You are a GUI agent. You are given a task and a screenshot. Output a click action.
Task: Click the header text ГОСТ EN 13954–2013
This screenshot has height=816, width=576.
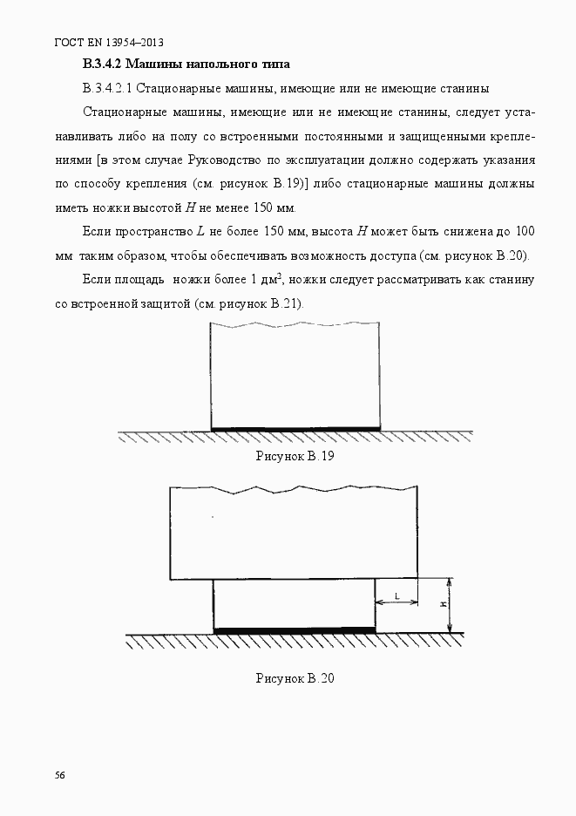(x=109, y=42)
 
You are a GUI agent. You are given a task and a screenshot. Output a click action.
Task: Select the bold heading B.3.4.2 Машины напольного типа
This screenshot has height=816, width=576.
(x=186, y=65)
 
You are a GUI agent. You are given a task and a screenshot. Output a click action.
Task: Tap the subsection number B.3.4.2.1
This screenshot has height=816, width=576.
(x=108, y=88)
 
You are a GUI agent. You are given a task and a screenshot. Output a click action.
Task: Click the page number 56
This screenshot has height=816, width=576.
(x=60, y=775)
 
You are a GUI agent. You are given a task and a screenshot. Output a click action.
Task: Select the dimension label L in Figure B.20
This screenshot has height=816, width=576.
(x=396, y=595)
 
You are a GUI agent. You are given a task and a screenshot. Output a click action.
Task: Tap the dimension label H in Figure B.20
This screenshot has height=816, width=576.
(x=443, y=604)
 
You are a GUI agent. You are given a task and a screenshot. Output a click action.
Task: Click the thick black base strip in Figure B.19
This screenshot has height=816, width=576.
(x=296, y=429)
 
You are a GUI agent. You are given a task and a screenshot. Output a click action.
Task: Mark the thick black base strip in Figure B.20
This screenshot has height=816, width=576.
(x=295, y=629)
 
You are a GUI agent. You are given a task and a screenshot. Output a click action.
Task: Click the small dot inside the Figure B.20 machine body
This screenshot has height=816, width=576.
(x=213, y=518)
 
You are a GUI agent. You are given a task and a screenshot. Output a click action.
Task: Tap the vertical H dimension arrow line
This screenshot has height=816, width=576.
(x=450, y=605)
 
